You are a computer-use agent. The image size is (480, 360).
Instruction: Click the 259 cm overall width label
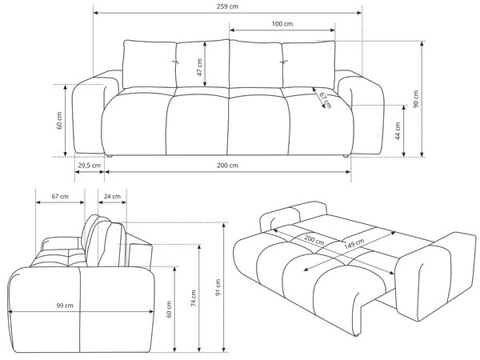pos(227,6)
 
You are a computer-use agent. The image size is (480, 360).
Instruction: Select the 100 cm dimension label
pos(282,23)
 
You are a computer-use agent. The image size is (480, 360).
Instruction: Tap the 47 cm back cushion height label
pos(199,67)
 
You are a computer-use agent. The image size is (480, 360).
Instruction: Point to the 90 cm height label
pos(415,99)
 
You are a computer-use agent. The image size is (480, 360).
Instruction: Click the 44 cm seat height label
pos(398,131)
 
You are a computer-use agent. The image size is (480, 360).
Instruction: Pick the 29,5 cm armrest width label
pos(89,166)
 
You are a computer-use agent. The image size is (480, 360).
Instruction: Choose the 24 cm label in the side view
pos(112,196)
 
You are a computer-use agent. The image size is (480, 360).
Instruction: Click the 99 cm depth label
pos(65,306)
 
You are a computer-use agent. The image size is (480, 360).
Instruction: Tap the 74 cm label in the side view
pos(193,298)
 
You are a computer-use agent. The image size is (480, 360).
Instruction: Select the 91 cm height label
pos(218,287)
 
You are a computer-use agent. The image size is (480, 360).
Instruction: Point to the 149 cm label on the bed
pos(354,243)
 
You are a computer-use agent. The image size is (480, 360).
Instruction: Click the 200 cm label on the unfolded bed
pos(314,240)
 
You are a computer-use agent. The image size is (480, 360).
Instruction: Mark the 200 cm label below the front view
pos(227,166)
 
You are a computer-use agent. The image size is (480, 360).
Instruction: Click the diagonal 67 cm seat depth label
pos(325,100)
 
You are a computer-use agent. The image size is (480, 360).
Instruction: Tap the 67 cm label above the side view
pos(60,196)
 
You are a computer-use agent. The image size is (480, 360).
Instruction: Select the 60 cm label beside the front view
pos(59,121)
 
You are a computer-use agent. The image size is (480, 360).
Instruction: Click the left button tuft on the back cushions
pos(175,62)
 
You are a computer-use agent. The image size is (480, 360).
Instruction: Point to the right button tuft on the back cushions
pos(284,62)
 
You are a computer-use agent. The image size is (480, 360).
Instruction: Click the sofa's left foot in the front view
pos(108,156)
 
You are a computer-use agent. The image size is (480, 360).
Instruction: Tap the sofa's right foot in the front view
pos(346,156)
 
